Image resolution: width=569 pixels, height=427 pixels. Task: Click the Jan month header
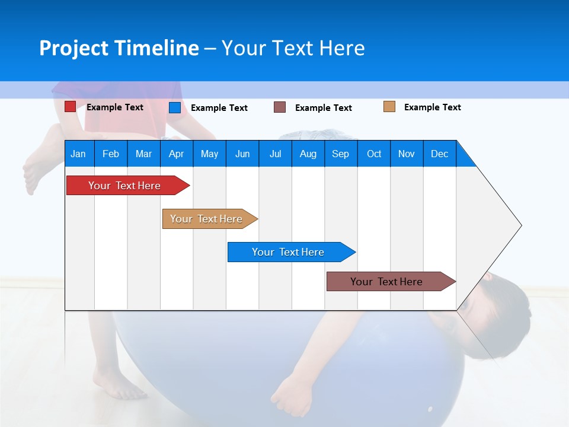pyautogui.click(x=78, y=154)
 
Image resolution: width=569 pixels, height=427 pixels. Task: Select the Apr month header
pyautogui.click(x=177, y=154)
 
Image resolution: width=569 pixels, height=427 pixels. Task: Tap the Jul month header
pyautogui.click(x=276, y=154)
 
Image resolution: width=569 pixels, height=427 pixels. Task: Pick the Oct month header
pyautogui.click(x=374, y=154)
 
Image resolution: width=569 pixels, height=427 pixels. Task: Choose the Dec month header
pyautogui.click(x=439, y=154)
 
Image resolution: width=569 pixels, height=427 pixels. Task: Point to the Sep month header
pyautogui.click(x=341, y=154)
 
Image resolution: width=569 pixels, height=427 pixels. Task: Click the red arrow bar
pyautogui.click(x=128, y=186)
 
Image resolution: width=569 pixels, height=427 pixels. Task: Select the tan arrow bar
pyautogui.click(x=210, y=219)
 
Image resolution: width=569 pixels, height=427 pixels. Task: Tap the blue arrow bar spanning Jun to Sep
pyautogui.click(x=292, y=252)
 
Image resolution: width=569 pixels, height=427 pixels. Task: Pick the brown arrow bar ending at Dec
pyautogui.click(x=391, y=281)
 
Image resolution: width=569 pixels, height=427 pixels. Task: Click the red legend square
pyautogui.click(x=70, y=107)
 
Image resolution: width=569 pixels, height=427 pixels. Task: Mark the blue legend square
pyautogui.click(x=175, y=107)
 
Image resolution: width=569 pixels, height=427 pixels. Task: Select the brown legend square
pyautogui.click(x=279, y=107)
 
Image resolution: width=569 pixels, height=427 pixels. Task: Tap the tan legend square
pyautogui.click(x=389, y=107)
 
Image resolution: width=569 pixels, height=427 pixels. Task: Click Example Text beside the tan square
pyautogui.click(x=433, y=107)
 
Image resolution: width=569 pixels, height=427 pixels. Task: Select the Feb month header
pyautogui.click(x=111, y=154)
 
